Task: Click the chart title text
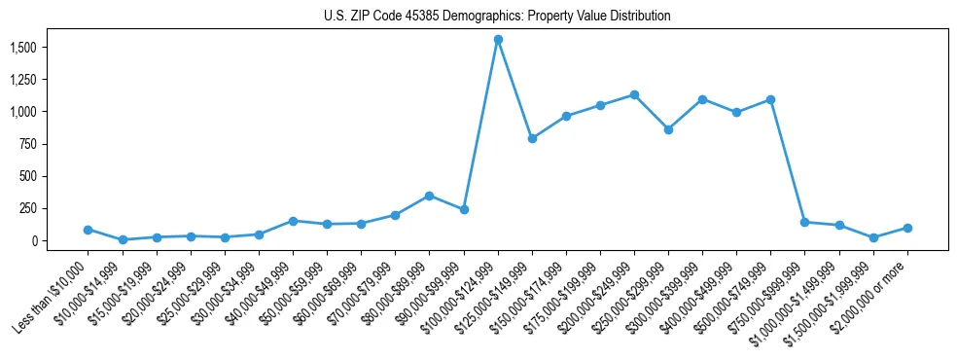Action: pyautogui.click(x=497, y=17)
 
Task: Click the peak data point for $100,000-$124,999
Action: pyautogui.click(x=498, y=40)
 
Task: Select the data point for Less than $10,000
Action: pyautogui.click(x=89, y=230)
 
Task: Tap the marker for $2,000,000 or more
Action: pyautogui.click(x=907, y=228)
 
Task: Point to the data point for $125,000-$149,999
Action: pyautogui.click(x=532, y=138)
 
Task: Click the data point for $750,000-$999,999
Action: pyautogui.click(x=804, y=222)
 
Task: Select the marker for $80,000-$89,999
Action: pyautogui.click(x=429, y=196)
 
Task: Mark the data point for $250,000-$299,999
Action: pyautogui.click(x=668, y=129)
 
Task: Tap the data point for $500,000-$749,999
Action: pyautogui.click(x=770, y=99)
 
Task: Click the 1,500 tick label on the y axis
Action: pyautogui.click(x=22, y=48)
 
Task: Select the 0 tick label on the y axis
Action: pyautogui.click(x=35, y=240)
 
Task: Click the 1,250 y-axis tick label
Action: pyautogui.click(x=22, y=80)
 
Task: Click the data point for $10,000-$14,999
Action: pyautogui.click(x=123, y=239)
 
